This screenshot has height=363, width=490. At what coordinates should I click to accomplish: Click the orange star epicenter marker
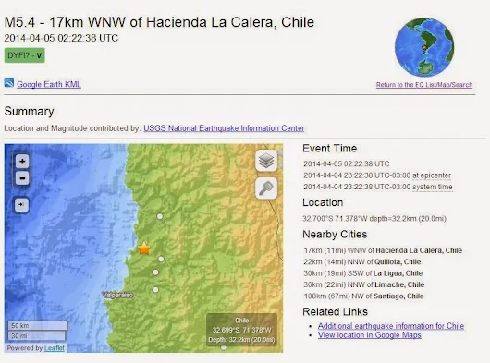[x=144, y=248]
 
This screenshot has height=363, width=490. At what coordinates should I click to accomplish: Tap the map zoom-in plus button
[x=22, y=161]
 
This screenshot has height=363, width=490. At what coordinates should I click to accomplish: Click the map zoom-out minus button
[x=22, y=178]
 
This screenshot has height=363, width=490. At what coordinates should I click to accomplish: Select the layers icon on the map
[x=266, y=161]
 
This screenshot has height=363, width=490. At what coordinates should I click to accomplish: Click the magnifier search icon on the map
[x=266, y=188]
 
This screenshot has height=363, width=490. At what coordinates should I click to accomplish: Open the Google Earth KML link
[x=47, y=84]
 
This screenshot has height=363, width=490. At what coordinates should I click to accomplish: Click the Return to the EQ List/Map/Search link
[x=424, y=85]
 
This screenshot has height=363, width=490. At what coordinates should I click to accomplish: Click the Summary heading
[x=29, y=112]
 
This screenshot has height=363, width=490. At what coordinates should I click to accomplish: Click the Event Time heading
[x=330, y=149]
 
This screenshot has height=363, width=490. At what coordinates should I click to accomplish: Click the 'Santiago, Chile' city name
[x=403, y=296]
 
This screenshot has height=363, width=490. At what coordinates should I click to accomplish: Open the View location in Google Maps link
[x=369, y=335]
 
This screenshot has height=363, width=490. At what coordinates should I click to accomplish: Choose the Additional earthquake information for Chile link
[x=390, y=326]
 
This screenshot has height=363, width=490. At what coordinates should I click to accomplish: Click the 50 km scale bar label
[x=20, y=325]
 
